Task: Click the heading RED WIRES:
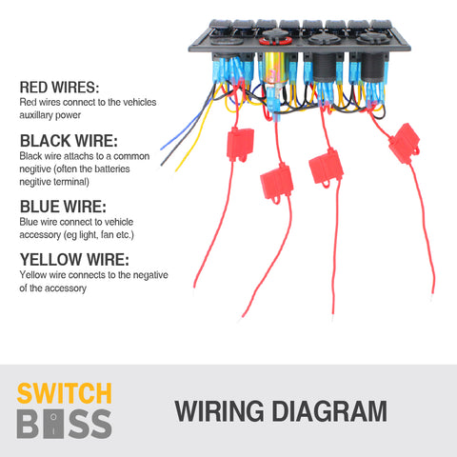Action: point(59,88)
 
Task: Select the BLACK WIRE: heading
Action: point(69,141)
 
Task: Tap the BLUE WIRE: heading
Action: point(63,207)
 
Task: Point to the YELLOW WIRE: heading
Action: point(74,260)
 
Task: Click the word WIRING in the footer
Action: point(219,411)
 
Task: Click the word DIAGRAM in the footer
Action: point(329,411)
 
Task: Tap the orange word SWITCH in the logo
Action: point(64,393)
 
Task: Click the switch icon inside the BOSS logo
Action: point(53,424)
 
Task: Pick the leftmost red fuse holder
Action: point(240,144)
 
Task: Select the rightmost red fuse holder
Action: point(405,144)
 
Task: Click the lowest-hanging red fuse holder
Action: point(276,183)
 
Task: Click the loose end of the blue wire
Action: point(162,149)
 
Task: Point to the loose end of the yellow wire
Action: point(176,170)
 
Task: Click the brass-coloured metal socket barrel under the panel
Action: point(275,69)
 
